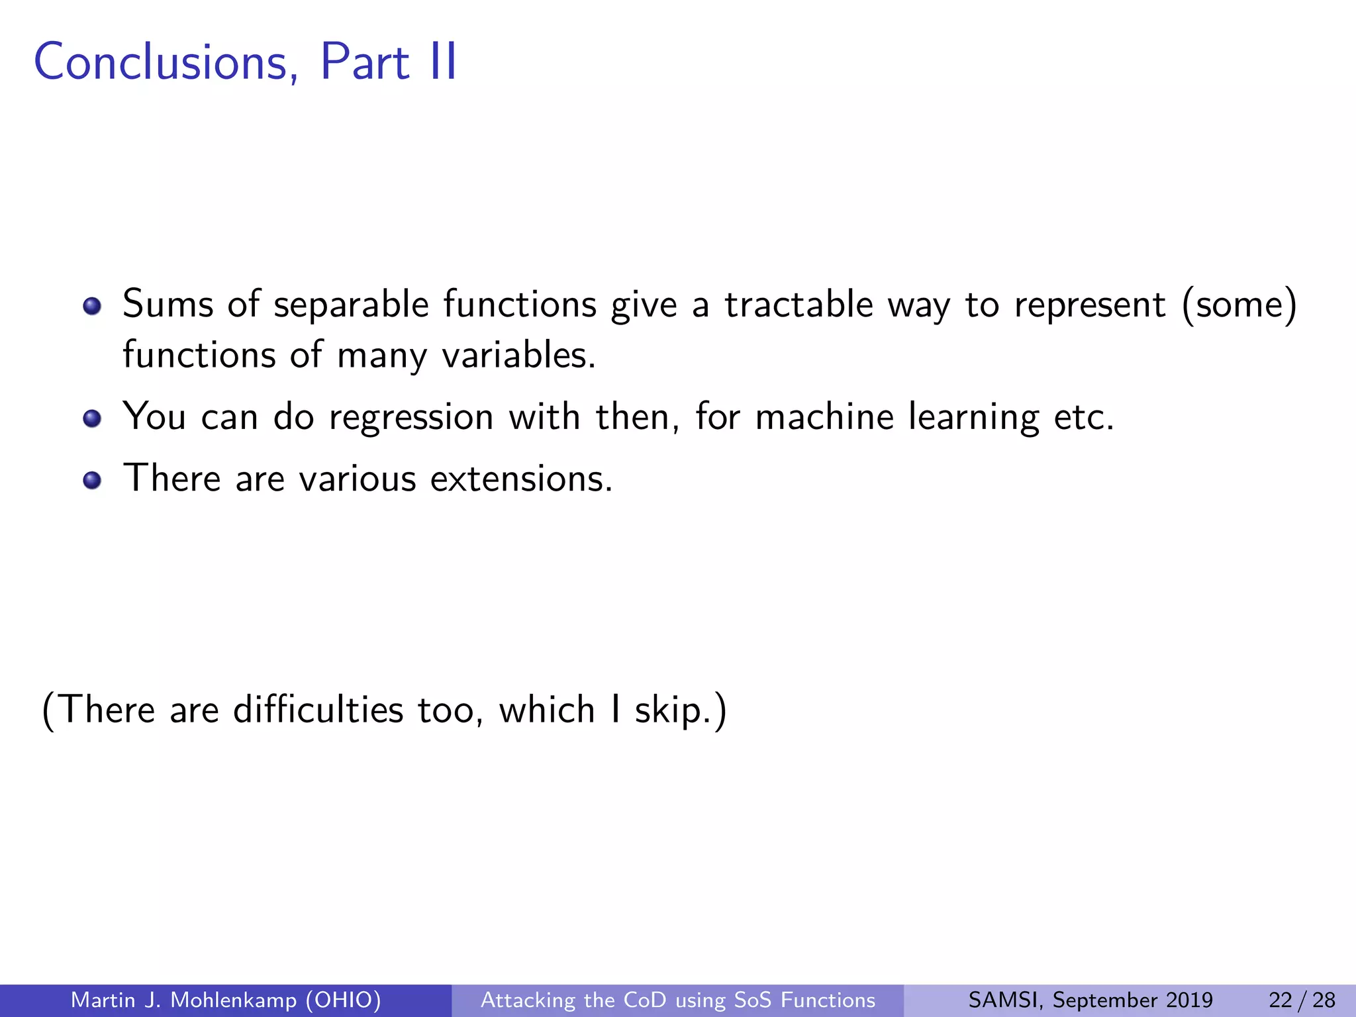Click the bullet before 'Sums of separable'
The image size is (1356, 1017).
pyautogui.click(x=92, y=306)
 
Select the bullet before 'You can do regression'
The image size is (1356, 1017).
pyautogui.click(x=92, y=418)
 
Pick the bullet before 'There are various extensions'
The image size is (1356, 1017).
pyautogui.click(x=92, y=480)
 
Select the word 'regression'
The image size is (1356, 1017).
pyautogui.click(x=411, y=418)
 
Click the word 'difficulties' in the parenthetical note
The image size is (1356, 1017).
pyautogui.click(x=318, y=710)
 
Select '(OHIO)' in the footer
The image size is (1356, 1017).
pyautogui.click(x=344, y=1000)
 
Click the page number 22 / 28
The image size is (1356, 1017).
pyautogui.click(x=1302, y=1000)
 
